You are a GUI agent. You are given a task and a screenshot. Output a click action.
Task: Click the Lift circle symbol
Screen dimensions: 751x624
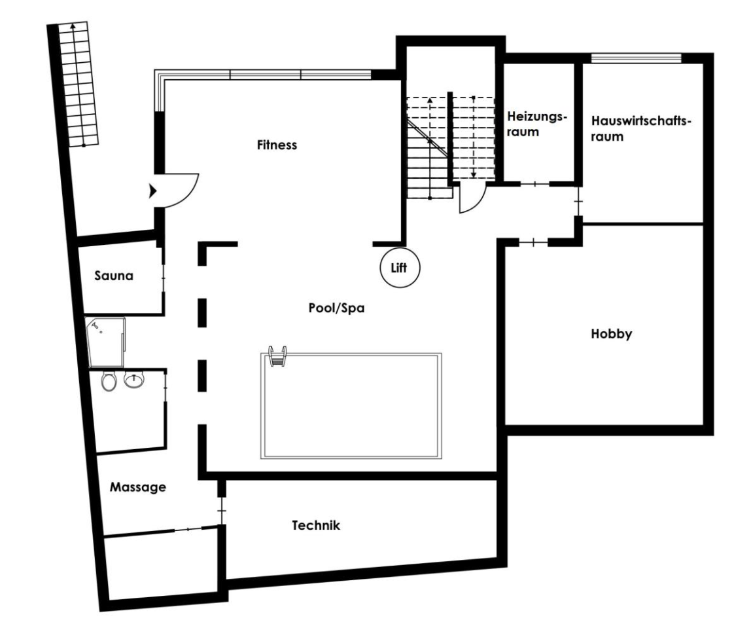400,267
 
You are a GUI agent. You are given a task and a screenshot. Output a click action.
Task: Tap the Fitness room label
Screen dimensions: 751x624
277,145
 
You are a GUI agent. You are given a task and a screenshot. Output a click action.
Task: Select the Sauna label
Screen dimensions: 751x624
114,276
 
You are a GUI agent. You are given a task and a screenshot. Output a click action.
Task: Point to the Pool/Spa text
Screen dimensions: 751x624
336,308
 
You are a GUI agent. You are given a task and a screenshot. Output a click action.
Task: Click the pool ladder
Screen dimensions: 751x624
278,356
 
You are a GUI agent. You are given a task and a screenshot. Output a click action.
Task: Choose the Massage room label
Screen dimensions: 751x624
138,487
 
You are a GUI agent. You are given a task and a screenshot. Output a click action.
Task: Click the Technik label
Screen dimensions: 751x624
315,525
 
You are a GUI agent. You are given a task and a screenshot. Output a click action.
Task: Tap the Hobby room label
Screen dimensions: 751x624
611,334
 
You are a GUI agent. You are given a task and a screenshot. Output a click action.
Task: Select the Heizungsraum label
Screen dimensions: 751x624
536,124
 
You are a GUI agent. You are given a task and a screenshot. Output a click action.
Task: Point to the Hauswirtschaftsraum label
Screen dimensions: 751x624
641,128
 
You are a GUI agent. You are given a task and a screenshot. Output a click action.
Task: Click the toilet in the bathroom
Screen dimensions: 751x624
109,381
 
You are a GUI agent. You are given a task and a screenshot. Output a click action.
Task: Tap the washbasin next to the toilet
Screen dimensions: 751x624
133,380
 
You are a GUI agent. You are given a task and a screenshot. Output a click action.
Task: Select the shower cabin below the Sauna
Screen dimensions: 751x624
105,342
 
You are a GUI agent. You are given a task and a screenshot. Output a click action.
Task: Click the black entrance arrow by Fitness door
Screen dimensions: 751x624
153,191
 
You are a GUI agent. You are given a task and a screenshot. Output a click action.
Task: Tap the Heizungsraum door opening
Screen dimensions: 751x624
534,184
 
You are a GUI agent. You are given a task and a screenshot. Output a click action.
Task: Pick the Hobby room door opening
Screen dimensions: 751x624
533,242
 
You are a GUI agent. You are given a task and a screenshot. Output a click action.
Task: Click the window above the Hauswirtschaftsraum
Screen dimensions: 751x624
636,58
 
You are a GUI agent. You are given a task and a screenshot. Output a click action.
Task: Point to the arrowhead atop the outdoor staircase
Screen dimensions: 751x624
73,26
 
